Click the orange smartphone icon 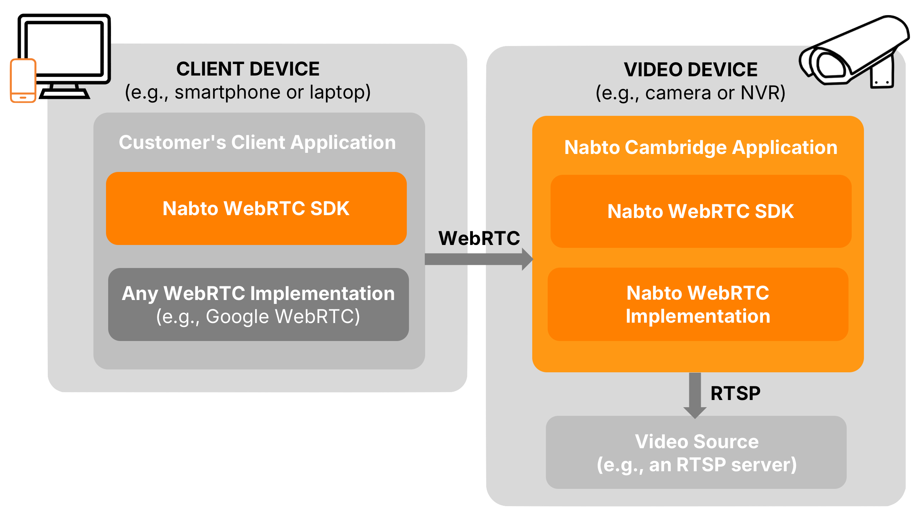[23, 81]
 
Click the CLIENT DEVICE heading [248, 69]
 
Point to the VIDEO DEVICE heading [690, 70]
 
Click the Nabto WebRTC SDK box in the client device [256, 209]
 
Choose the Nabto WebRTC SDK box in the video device [701, 211]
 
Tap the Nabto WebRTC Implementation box [698, 304]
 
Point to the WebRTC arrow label [479, 238]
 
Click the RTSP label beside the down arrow [736, 393]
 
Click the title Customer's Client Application [257, 142]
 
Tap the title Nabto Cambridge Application [701, 147]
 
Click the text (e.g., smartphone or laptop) [248, 92]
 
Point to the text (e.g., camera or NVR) [690, 93]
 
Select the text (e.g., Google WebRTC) [258, 317]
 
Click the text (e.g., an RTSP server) [696, 464]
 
